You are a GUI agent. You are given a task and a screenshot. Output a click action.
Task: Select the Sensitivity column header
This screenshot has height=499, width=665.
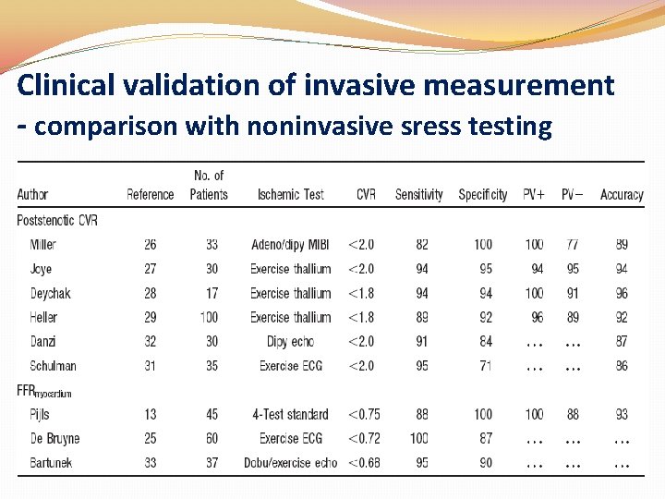418,195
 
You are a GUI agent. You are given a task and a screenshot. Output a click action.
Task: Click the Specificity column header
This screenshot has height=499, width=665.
482,195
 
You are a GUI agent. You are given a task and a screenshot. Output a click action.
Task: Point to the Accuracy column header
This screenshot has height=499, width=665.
621,195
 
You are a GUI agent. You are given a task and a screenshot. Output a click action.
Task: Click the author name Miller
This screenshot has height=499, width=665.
42,245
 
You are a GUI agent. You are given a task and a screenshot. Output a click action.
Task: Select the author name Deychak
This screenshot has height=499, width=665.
50,294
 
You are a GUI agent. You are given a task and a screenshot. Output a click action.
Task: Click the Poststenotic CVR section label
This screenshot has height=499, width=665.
57,220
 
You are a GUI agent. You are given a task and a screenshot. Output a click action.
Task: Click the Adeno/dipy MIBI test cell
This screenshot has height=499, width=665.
290,245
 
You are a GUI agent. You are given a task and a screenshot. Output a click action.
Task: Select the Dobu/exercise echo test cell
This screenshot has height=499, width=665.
290,462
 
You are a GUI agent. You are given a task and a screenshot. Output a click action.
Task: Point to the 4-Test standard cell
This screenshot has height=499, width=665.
290,414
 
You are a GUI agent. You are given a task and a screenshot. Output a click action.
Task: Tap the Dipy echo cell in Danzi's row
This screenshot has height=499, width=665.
290,342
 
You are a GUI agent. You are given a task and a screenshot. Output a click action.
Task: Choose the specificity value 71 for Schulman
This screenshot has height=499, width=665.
486,366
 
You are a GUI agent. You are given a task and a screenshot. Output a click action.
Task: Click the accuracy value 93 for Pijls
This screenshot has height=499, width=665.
621,414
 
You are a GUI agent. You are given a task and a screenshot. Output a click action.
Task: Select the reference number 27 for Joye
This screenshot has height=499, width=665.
150,269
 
